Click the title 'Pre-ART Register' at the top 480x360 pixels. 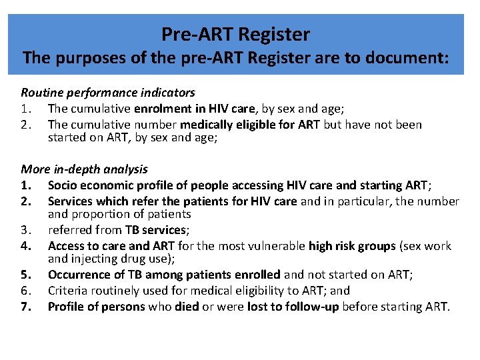coord(236,33)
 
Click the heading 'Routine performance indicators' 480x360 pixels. coord(108,93)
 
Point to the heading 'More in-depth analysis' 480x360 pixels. coord(84,169)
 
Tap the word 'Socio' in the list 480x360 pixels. coord(63,185)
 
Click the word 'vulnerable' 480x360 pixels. coord(276,246)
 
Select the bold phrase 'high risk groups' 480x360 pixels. coord(353,246)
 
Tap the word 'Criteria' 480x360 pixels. coord(67,291)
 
